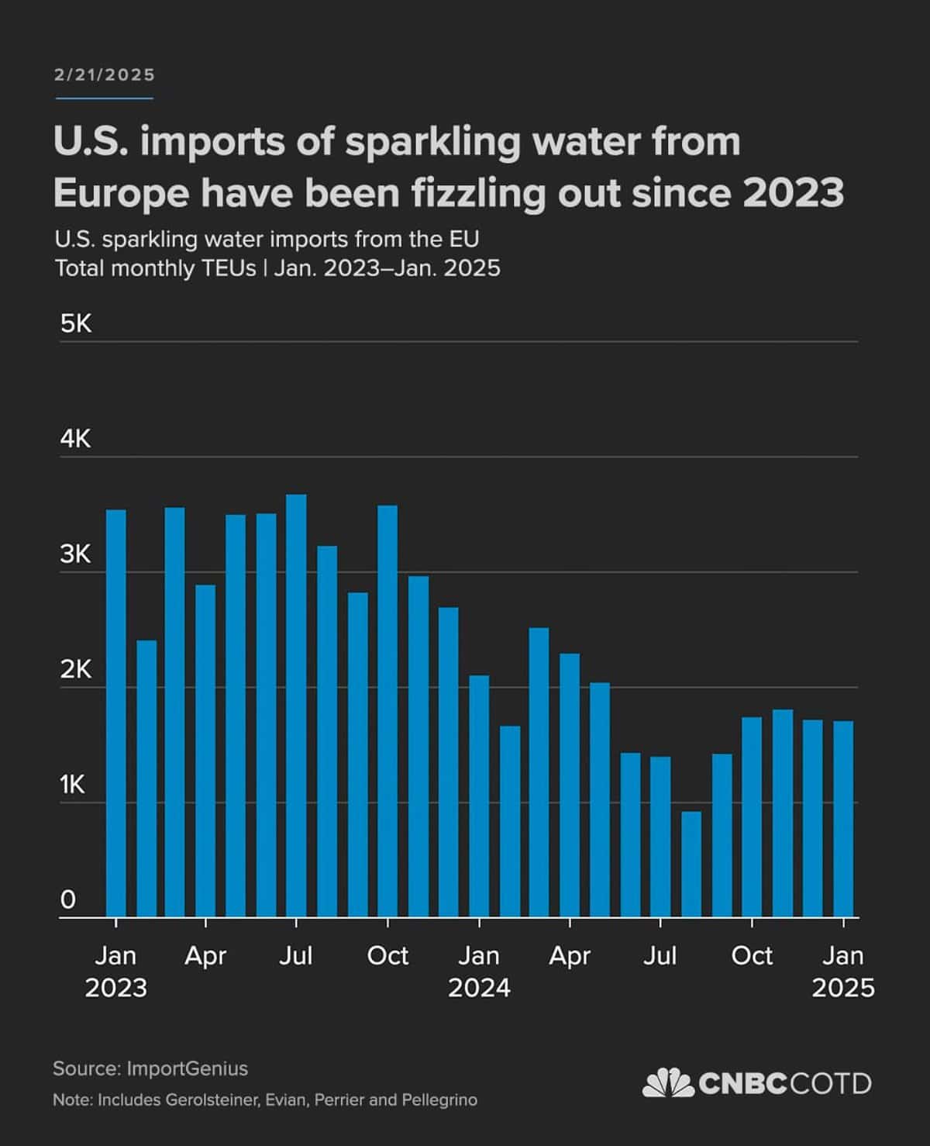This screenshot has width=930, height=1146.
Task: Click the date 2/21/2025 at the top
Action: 105,75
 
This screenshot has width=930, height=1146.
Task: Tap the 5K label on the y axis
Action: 76,323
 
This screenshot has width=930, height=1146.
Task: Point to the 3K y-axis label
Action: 76,554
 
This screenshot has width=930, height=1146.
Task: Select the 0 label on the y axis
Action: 68,900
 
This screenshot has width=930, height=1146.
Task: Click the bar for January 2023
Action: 115,713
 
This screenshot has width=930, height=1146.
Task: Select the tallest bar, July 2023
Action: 296,706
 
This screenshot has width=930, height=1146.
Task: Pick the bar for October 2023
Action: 387,711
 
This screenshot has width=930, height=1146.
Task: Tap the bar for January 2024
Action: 479,796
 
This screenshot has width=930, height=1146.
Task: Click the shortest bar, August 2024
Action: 691,865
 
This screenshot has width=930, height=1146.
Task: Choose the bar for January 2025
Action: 843,819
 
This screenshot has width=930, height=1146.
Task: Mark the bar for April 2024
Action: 570,785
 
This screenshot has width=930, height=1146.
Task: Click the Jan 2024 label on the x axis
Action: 479,972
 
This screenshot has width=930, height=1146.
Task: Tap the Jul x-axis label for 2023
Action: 295,956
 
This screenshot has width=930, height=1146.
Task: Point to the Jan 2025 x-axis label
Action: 843,972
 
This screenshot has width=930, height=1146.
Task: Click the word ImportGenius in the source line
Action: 187,1068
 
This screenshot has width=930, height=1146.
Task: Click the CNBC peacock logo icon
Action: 667,1082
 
